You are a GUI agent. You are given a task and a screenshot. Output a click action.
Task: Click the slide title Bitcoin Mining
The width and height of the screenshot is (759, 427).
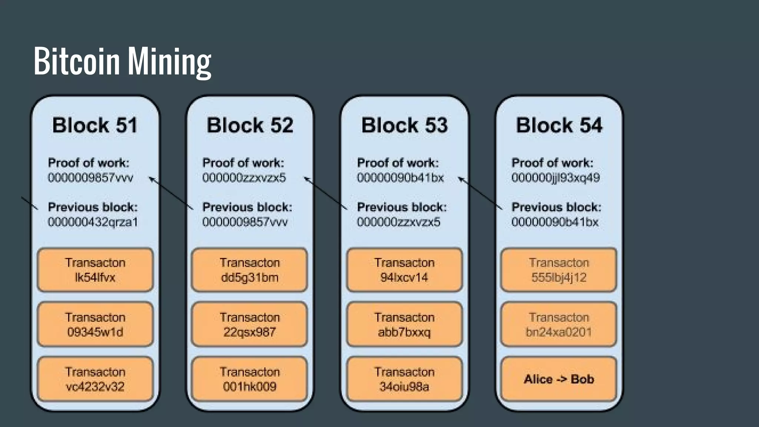[122, 61]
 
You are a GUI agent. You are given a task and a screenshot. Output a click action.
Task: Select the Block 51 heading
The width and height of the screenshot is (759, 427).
[95, 125]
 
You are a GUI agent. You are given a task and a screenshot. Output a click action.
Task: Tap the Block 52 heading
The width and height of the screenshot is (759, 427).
[250, 125]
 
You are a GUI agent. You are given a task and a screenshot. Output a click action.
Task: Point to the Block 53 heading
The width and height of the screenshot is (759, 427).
[404, 125]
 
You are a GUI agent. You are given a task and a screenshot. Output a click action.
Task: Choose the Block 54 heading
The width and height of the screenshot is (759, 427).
[559, 125]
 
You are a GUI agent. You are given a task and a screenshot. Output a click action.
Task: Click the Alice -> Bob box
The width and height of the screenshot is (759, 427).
[559, 379]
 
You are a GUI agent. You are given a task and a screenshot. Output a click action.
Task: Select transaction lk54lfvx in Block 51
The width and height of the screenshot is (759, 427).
[95, 270]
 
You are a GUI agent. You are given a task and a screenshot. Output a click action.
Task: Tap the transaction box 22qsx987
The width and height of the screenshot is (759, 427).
[249, 324]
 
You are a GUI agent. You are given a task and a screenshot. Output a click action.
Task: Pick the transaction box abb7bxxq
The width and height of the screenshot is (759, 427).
[404, 324]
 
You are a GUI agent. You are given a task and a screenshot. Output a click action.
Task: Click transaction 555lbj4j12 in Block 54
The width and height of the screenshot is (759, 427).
[559, 270]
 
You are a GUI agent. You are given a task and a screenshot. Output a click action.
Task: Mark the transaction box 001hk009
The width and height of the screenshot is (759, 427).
[249, 379]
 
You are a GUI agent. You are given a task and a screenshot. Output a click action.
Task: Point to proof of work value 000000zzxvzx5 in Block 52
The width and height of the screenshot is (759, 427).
[244, 178]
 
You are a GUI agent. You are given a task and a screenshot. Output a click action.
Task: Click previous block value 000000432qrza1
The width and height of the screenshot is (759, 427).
[93, 222]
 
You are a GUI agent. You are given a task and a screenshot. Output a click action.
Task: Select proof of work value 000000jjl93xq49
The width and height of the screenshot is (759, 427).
[556, 178]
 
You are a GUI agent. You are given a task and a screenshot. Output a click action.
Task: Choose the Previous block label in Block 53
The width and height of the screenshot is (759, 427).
[402, 207]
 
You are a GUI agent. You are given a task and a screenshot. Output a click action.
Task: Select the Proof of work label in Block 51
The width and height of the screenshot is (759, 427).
[89, 163]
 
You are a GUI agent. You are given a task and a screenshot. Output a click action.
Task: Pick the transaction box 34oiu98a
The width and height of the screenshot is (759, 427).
[404, 379]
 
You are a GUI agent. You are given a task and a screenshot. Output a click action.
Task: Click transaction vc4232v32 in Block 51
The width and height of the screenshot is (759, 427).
[95, 379]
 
